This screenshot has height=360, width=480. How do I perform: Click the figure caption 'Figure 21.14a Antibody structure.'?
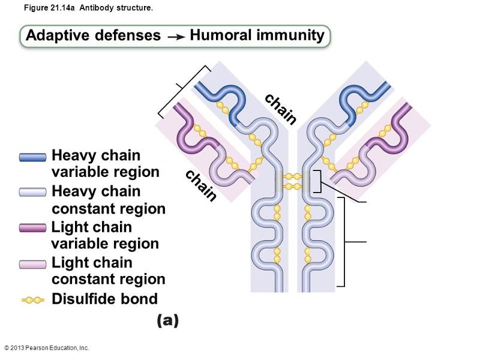89,9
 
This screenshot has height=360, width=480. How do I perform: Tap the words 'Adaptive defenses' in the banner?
93,36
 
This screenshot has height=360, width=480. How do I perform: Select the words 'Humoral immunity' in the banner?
257,35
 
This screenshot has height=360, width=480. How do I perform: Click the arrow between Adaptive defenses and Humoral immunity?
175,37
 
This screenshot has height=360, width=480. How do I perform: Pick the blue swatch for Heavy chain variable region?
32,157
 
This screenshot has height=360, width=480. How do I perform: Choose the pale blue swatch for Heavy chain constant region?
32,193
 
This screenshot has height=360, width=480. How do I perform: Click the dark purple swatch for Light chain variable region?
32,228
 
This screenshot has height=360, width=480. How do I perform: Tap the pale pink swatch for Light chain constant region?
32,264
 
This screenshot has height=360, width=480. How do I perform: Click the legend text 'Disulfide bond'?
104,299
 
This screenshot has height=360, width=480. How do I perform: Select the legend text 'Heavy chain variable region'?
106,164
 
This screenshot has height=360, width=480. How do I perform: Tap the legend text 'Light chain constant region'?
108,271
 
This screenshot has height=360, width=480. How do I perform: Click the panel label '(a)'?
168,321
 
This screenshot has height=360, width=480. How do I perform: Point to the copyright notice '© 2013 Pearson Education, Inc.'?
46,348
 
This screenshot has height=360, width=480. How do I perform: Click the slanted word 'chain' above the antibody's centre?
281,109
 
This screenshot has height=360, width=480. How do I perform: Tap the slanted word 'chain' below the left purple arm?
201,185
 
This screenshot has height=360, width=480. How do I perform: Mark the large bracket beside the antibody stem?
344,241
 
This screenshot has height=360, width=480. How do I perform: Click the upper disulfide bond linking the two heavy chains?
292,176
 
